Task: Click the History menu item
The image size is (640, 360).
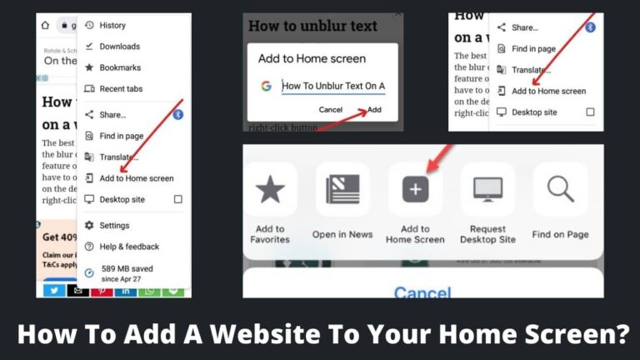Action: point(112,26)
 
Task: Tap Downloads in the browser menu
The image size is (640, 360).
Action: point(119,47)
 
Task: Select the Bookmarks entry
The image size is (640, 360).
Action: point(119,67)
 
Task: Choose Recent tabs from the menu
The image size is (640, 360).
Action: point(121,89)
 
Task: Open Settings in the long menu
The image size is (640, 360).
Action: point(114,226)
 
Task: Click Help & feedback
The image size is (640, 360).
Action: point(128,247)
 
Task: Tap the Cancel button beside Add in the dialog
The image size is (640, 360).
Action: point(331,110)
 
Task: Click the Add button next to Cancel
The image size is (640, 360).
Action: point(375,110)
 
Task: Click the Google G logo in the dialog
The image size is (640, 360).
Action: point(266,86)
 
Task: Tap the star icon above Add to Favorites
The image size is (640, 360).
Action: point(270,189)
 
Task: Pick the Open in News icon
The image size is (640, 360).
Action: point(342,189)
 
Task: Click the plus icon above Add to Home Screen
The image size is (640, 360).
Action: point(415,189)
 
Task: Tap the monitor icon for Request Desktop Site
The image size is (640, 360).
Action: point(487,189)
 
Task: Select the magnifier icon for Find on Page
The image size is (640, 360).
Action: point(560,189)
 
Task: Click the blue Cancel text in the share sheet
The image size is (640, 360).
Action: point(422,292)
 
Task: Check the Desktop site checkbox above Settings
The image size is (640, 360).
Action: point(177,200)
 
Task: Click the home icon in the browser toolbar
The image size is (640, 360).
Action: point(45,26)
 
